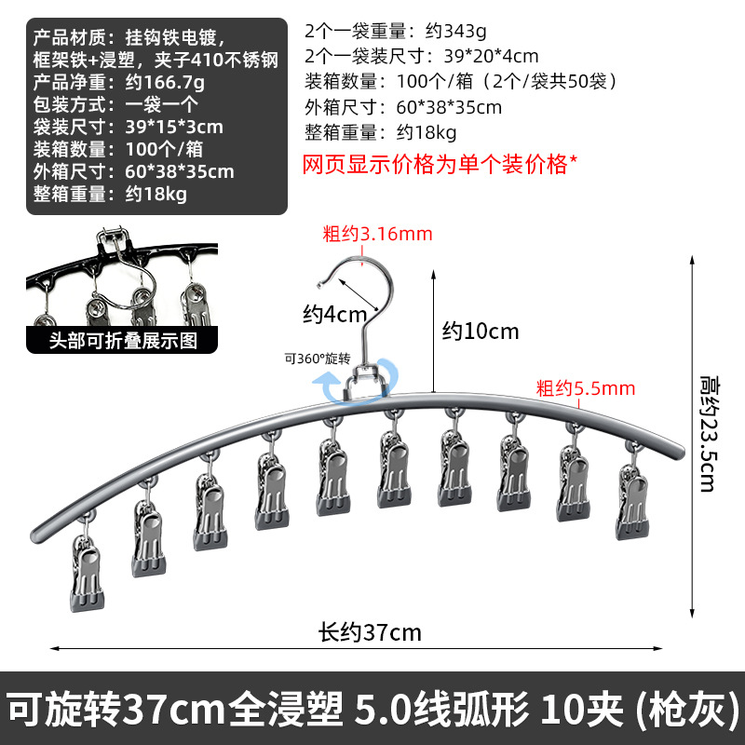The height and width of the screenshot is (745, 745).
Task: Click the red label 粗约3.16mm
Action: (377, 235)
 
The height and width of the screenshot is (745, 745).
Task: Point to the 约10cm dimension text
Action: (480, 331)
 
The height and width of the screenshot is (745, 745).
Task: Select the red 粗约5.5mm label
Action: (585, 387)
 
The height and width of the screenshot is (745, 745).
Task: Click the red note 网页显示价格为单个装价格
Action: (440, 165)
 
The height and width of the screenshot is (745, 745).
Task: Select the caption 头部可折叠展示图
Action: (123, 341)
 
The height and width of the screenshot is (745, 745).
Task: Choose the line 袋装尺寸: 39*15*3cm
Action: (129, 127)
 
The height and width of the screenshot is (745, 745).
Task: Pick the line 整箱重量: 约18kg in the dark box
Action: (110, 194)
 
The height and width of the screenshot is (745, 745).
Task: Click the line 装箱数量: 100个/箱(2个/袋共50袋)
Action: (462, 82)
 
